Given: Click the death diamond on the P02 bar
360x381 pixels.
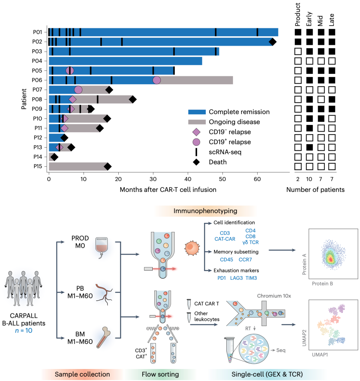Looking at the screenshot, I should tap(272, 42).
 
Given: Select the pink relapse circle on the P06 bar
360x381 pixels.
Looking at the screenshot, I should tap(156, 80).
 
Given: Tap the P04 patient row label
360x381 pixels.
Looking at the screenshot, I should tap(37, 61).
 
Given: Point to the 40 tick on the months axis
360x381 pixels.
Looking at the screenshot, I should tap(188, 179).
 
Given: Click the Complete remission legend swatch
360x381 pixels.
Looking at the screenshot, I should tap(197, 112).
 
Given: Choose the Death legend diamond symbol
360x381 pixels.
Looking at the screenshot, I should tap(196, 162).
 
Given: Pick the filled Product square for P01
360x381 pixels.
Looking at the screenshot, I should tap(298, 32).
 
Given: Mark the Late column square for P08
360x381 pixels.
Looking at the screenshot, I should tap(332, 99).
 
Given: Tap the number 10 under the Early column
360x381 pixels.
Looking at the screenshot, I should tap(309, 180).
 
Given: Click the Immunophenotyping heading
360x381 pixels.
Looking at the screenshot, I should tap(205, 211).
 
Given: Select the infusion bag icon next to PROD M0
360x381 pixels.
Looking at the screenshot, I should tap(101, 247).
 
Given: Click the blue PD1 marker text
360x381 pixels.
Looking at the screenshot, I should tap(222, 278).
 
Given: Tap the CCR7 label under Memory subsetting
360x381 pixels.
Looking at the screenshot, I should tap(245, 259).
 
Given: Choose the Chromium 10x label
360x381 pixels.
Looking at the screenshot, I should tap(274, 296).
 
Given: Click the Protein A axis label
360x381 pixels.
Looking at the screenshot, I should tap(304, 264).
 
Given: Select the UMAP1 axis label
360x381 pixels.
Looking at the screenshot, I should tap(320, 355).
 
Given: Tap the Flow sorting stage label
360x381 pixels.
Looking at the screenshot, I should tap(160, 374).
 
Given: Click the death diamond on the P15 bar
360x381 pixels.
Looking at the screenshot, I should tap(107, 167).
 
